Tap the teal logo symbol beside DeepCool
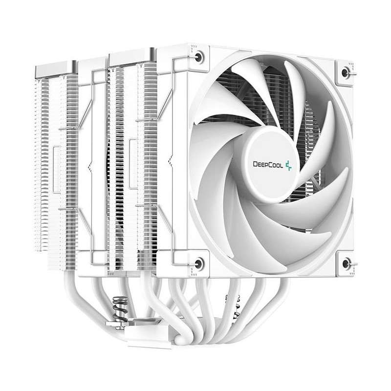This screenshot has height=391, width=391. pos(288,164)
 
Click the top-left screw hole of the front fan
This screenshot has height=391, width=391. pos(198,57)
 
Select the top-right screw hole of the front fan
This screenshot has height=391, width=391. pos(346,73)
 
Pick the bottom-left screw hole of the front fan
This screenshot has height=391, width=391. pos(198,263)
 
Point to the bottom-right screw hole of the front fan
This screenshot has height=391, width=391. pos(346,264)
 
